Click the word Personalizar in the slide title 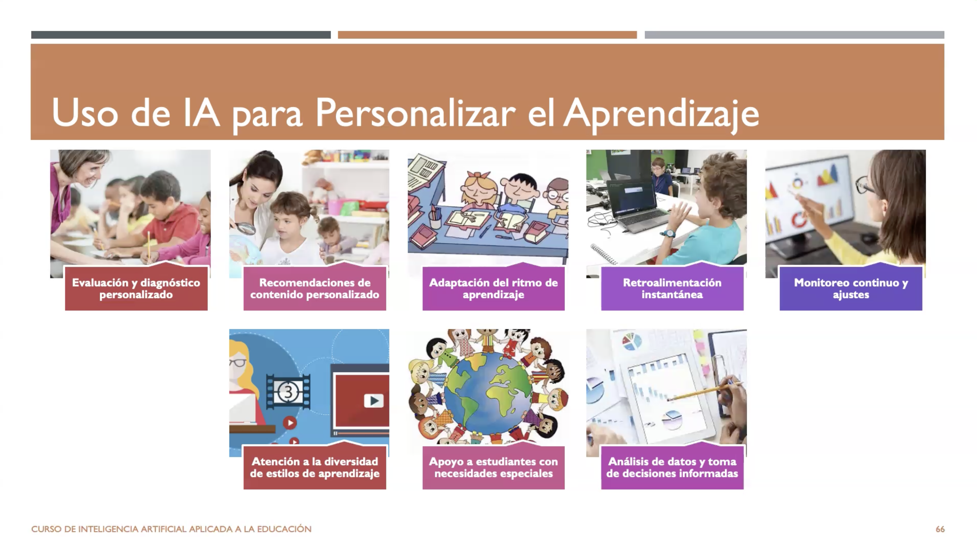415,113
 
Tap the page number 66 940,529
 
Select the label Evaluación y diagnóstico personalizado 136,288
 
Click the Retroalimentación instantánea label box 672,288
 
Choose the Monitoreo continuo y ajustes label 851,288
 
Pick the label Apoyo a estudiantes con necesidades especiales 494,468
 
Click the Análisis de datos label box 672,468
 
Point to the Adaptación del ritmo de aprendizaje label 494,288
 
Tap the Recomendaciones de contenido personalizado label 315,288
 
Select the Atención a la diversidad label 315,468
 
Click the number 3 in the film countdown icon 288,392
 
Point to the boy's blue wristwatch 669,233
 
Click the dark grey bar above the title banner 181,35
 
